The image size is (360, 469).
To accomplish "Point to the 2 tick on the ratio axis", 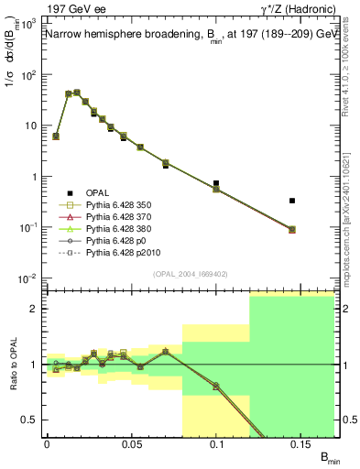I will (x=34, y=309).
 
